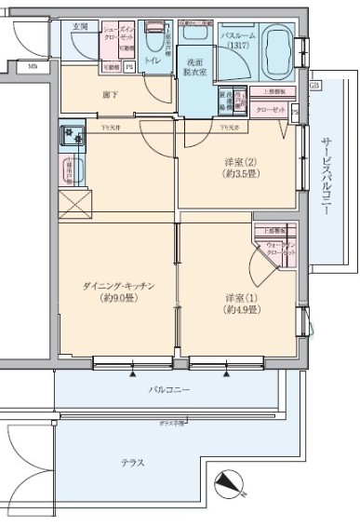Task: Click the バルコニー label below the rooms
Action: pos(170,389)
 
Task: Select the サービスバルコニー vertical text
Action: pos(326,177)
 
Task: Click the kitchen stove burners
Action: pos(73,139)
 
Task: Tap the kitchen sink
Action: pos(73,171)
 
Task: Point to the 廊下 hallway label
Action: pos(110,94)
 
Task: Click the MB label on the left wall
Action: pos(33,66)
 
